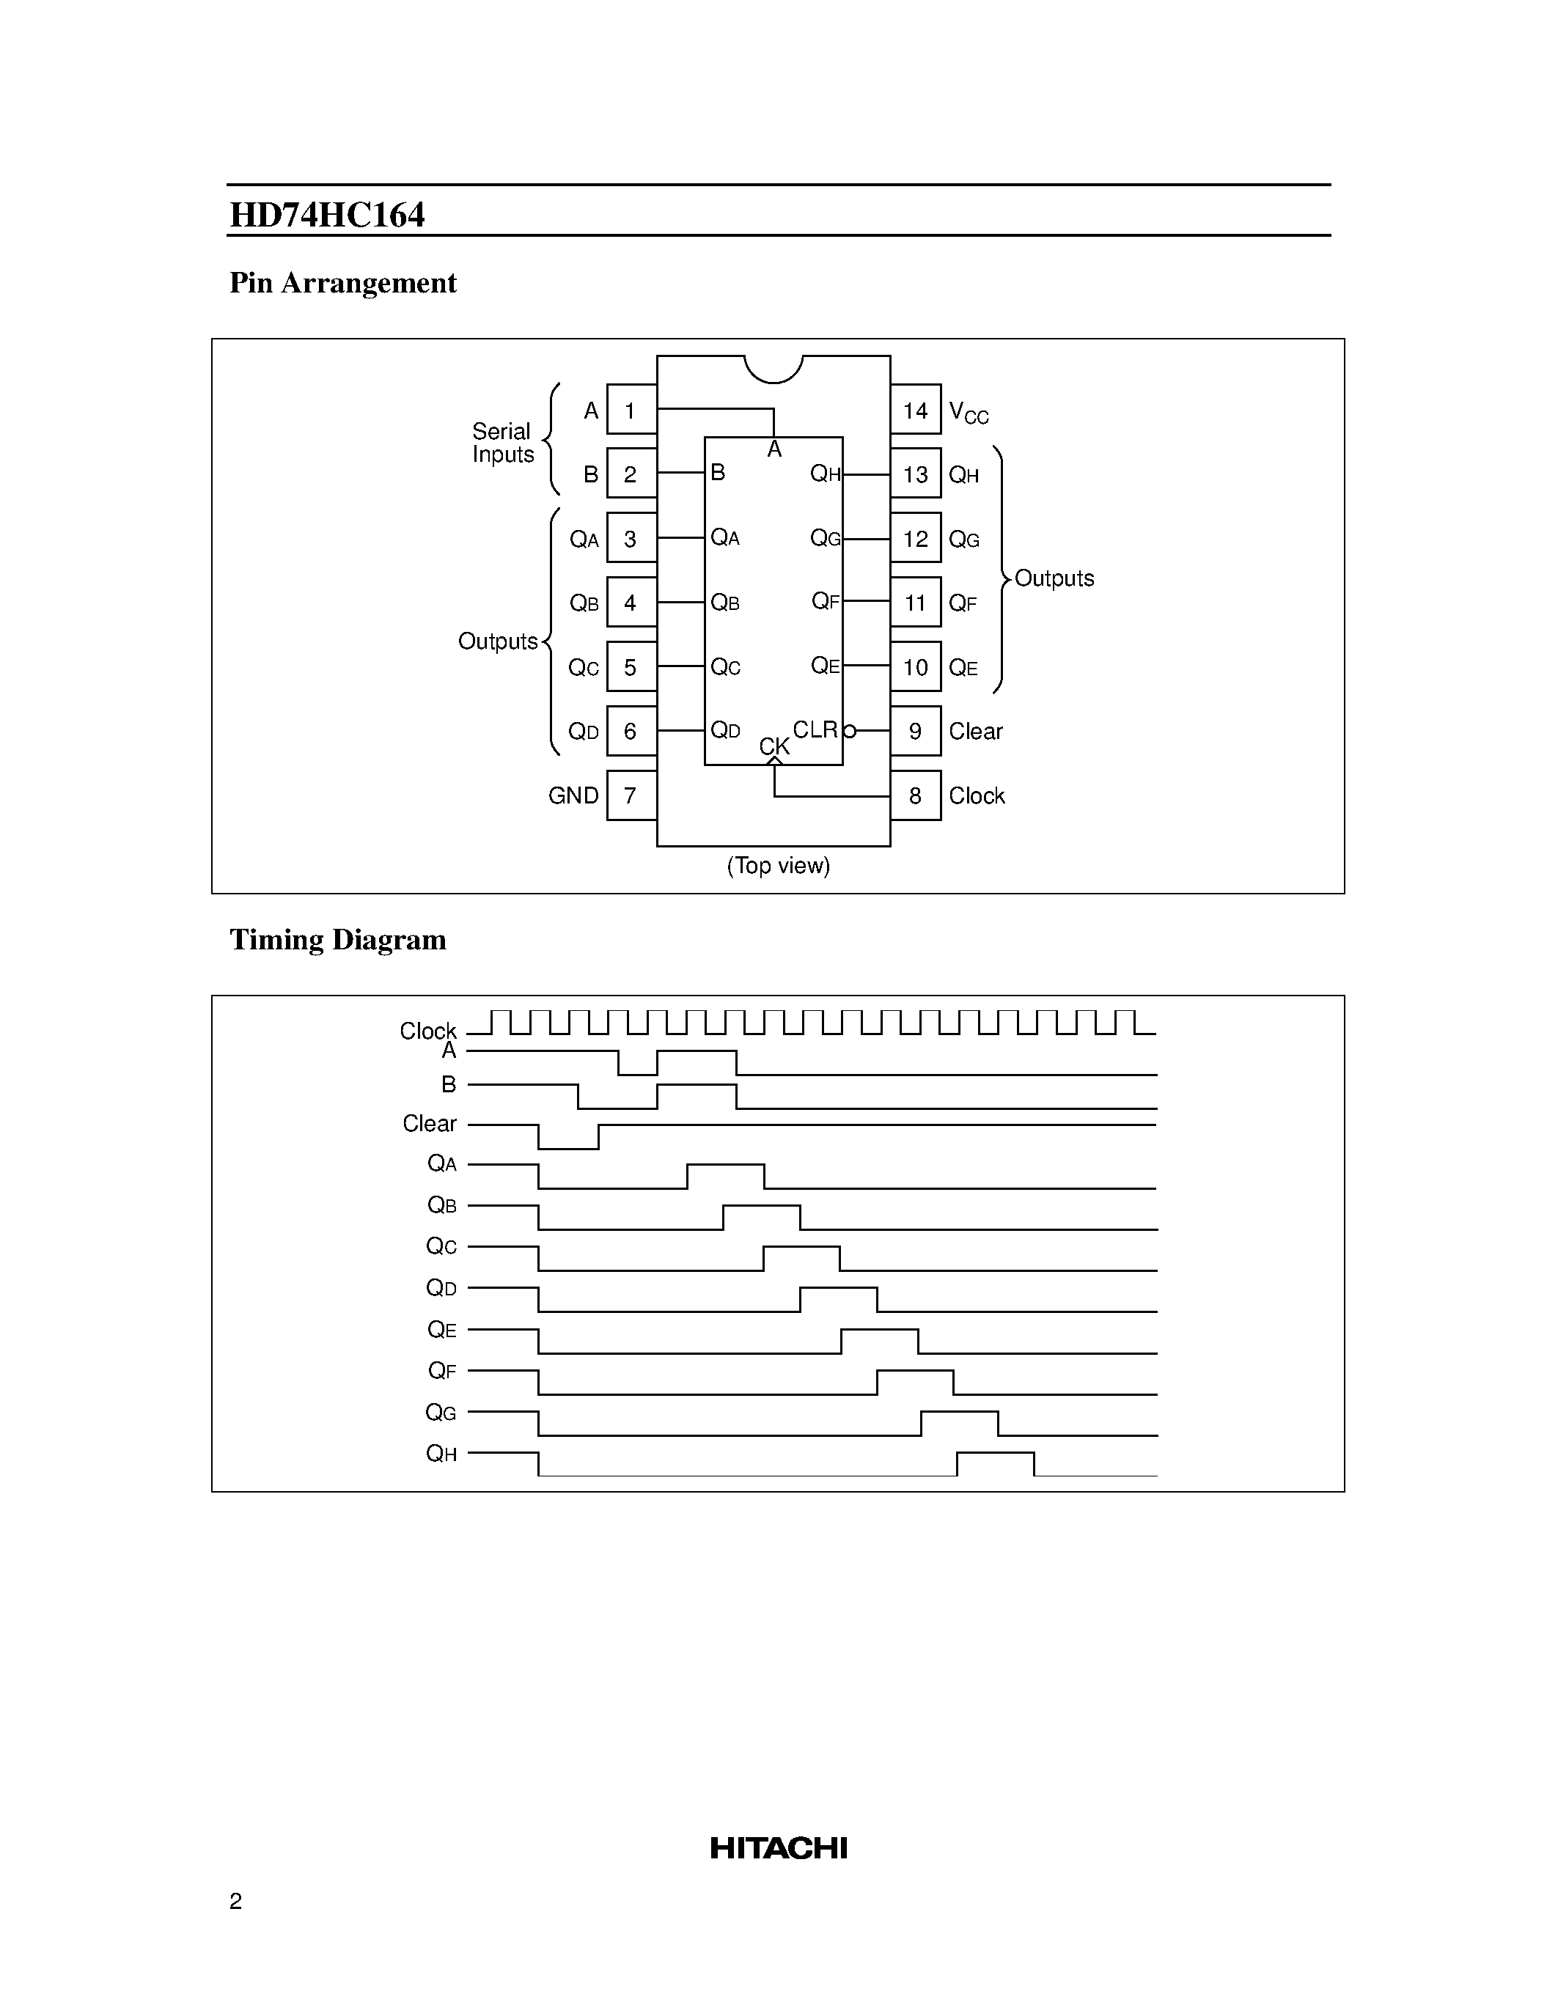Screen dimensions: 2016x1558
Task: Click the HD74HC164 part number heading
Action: (327, 215)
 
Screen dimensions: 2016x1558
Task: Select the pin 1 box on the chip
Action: (631, 410)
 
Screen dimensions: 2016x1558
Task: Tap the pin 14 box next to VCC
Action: (916, 410)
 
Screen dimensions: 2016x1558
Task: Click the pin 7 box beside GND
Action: (631, 795)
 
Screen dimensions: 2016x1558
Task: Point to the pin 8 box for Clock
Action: (916, 795)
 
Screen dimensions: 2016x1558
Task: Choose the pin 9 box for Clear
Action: (916, 731)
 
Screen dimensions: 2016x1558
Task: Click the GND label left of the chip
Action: (573, 795)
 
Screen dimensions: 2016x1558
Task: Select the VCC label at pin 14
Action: (969, 413)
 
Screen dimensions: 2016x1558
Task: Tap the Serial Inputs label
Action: (502, 443)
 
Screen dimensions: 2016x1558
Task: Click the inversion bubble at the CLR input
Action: (850, 731)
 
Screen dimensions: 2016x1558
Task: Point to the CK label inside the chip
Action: (774, 746)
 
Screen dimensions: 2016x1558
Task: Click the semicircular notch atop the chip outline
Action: (774, 367)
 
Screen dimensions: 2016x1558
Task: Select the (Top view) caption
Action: (778, 866)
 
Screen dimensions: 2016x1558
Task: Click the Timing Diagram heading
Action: (338, 940)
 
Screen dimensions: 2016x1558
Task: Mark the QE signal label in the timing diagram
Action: (441, 1330)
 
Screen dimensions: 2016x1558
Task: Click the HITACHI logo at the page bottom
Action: (778, 1848)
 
